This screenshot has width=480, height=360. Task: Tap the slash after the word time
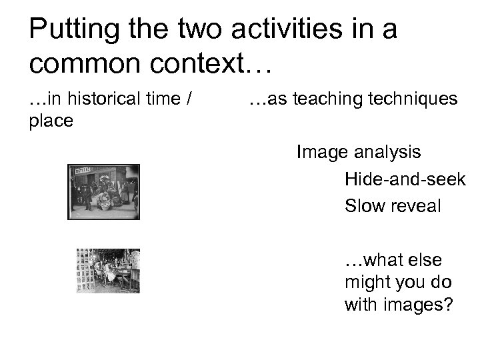point(190,101)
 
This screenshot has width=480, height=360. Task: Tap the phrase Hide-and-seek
point(405,179)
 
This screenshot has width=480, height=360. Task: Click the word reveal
point(415,206)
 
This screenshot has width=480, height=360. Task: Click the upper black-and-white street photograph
point(104,192)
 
